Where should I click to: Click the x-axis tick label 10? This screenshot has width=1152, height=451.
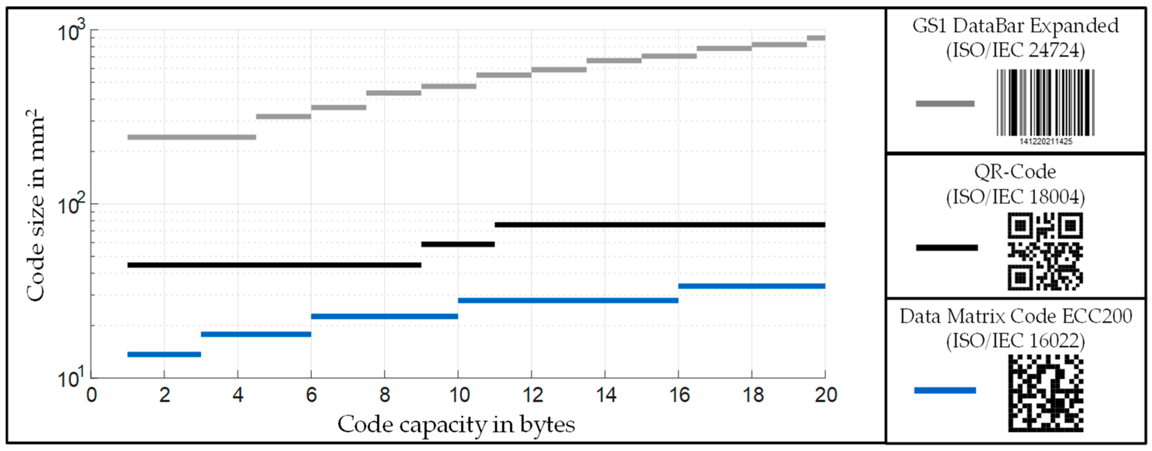pos(459,395)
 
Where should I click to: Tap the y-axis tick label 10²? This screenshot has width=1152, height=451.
pos(71,206)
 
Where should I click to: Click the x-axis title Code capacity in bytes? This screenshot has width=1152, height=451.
pos(456,424)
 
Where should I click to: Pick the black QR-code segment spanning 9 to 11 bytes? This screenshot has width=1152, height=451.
pos(458,244)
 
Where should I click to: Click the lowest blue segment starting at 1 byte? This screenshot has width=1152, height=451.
pos(164,354)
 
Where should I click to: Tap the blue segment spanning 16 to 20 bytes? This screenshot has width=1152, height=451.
pos(751,286)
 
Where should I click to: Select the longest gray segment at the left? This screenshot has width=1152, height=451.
pos(192,137)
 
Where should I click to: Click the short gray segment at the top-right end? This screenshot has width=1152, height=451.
pos(816,38)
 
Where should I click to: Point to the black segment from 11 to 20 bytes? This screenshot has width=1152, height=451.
pos(660,225)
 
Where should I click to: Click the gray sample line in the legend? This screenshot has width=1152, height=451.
pos(945,104)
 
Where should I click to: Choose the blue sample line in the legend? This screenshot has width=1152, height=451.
pos(945,390)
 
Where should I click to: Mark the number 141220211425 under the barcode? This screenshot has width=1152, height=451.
pos(1046,141)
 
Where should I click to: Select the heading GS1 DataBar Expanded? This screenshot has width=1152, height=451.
pos(1015,26)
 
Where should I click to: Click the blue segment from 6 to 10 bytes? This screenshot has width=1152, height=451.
pos(384,316)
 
